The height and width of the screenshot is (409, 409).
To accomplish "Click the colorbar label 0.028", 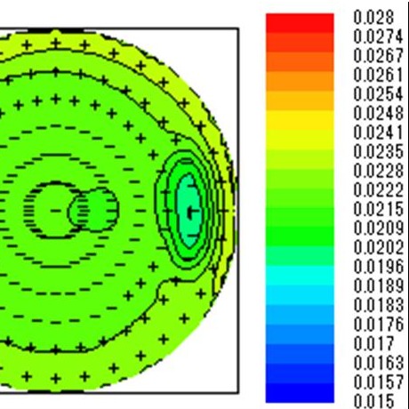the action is (x=373, y=18).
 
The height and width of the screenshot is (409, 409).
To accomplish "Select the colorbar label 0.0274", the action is (x=378, y=36).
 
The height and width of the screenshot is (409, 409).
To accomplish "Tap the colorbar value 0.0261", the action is (x=378, y=75).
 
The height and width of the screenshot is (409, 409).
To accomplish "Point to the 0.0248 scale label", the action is (x=378, y=113).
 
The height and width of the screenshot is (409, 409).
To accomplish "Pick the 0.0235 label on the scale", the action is (x=378, y=151).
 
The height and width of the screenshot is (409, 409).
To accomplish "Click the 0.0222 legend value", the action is (x=378, y=189).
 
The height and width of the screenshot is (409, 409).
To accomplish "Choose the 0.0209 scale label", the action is (x=378, y=228).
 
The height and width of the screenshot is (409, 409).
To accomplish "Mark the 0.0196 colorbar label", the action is (x=378, y=266).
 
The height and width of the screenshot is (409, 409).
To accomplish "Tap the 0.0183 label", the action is (x=378, y=304).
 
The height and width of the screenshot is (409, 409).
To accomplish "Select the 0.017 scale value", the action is (x=373, y=343).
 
